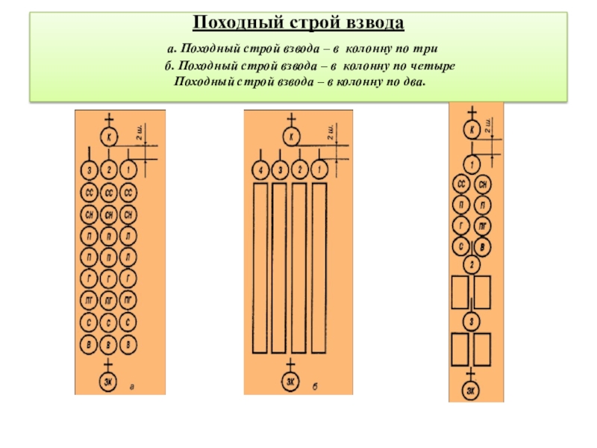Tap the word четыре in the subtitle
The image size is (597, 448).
point(434,67)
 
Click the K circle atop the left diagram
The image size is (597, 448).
point(109,137)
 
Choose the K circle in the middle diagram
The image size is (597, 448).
point(292,137)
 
